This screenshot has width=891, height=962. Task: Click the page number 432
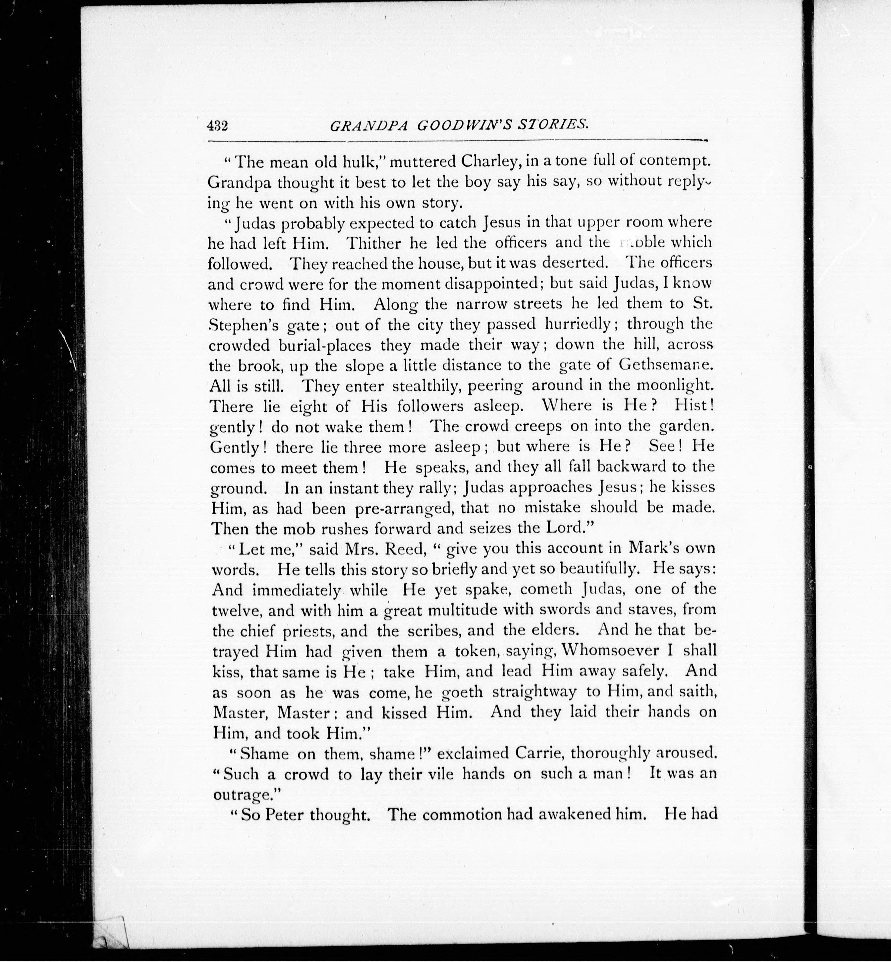click(x=217, y=126)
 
